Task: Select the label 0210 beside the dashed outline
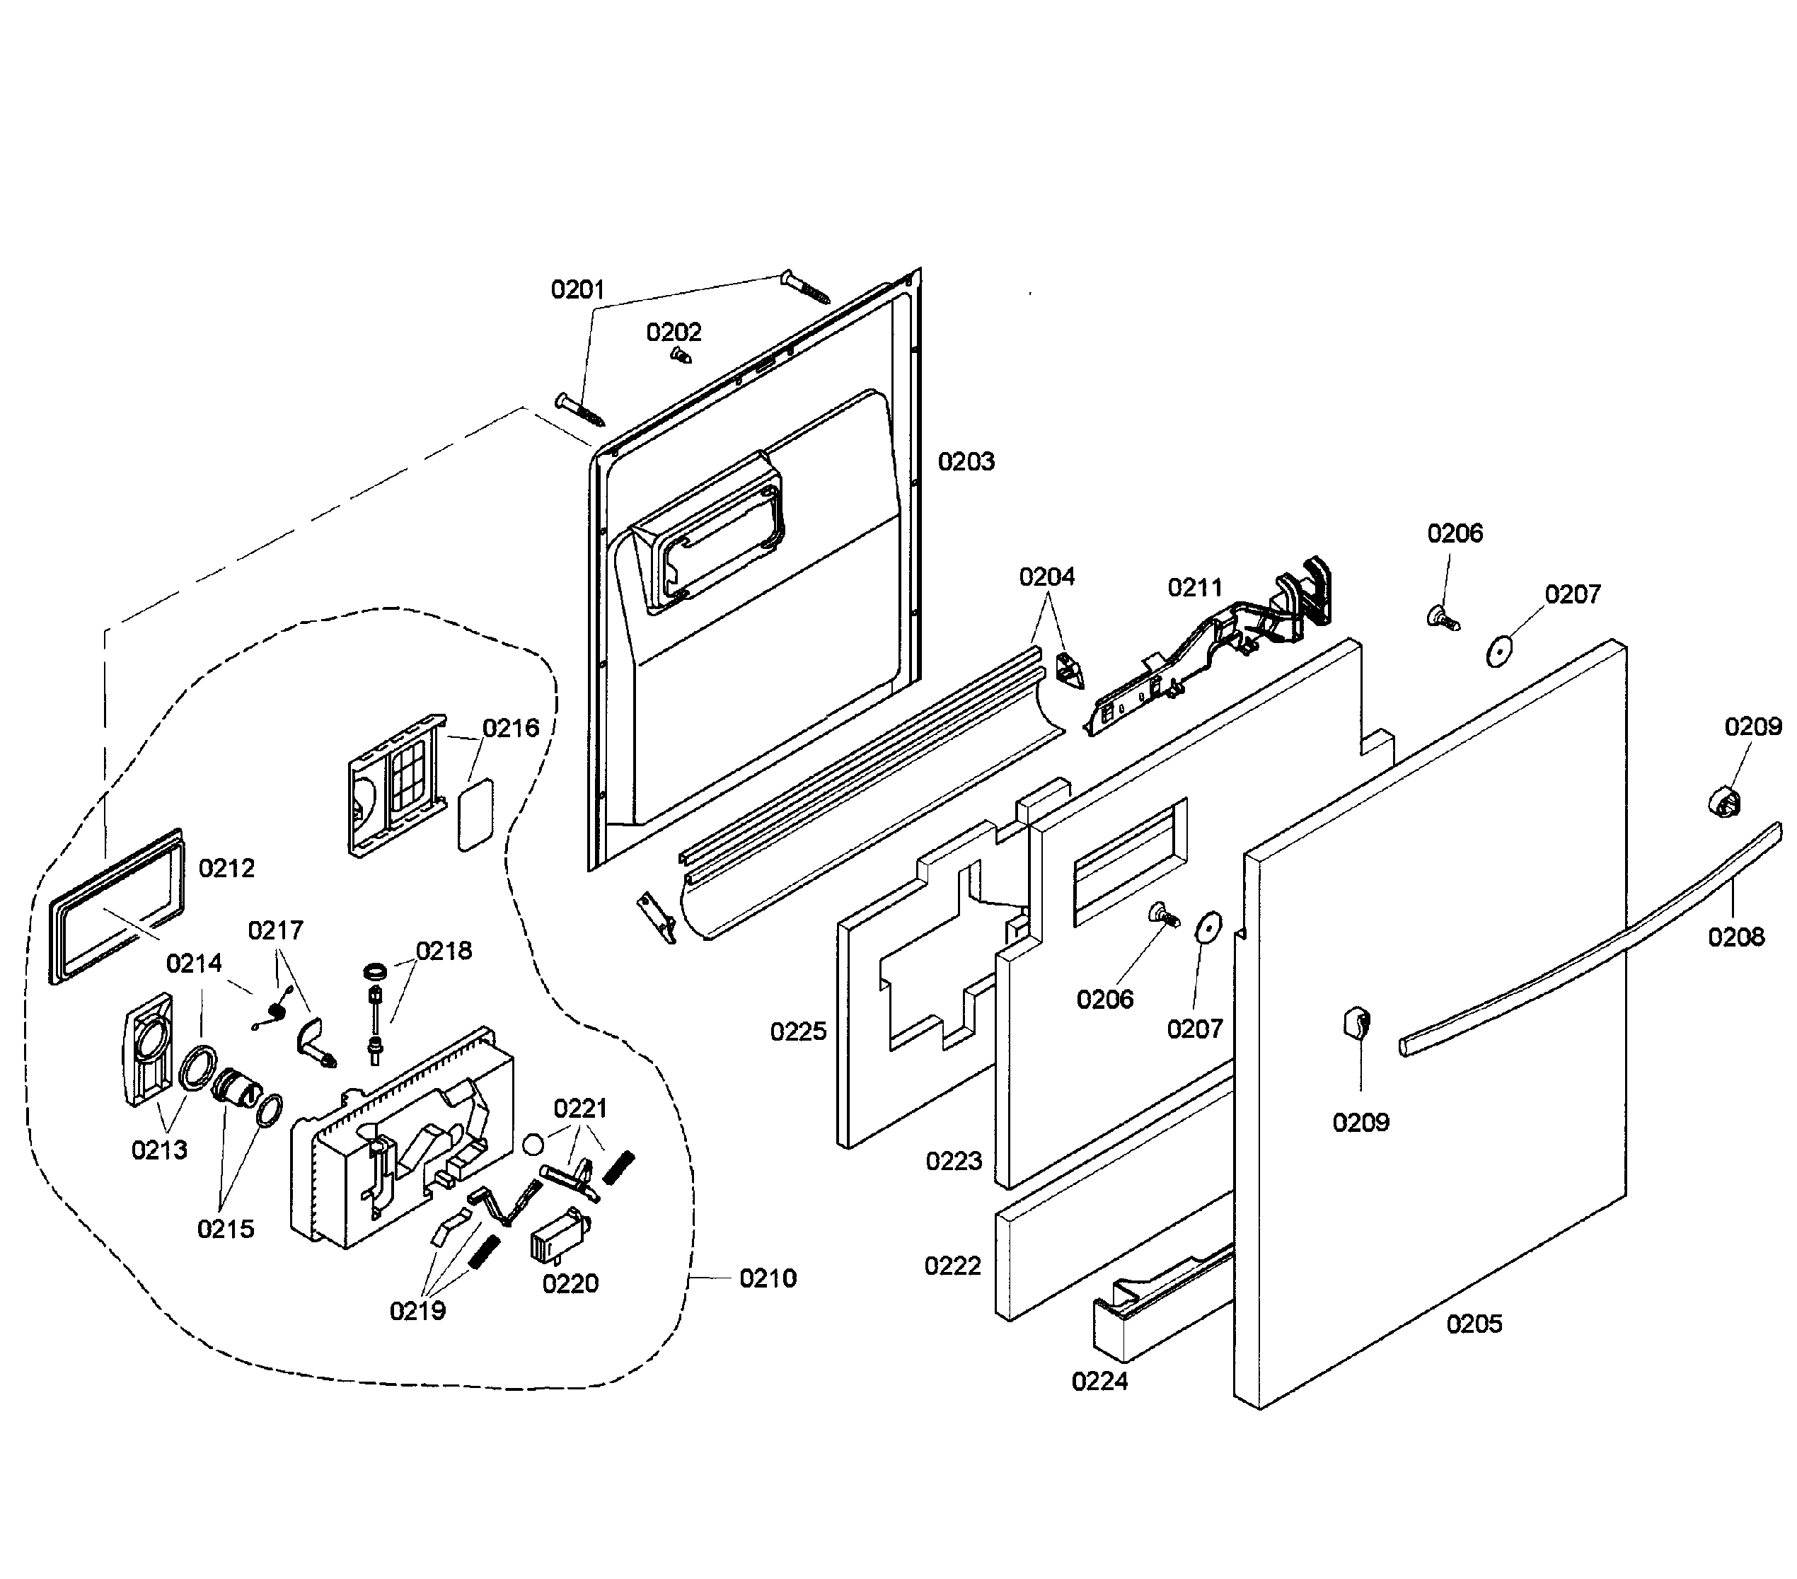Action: pos(768,1278)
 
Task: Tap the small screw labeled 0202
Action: pos(681,355)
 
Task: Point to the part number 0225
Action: pos(798,1031)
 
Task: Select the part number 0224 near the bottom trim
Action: pos(1099,1382)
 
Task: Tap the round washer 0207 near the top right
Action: pos(1496,652)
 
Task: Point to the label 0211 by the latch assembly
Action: pos(1194,587)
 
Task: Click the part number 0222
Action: pos(952,1266)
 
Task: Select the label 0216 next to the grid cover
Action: pos(510,728)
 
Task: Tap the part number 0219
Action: pos(417,1311)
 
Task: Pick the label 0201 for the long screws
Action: pos(577,289)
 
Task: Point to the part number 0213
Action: pos(159,1150)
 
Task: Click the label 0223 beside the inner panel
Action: pos(953,1162)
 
